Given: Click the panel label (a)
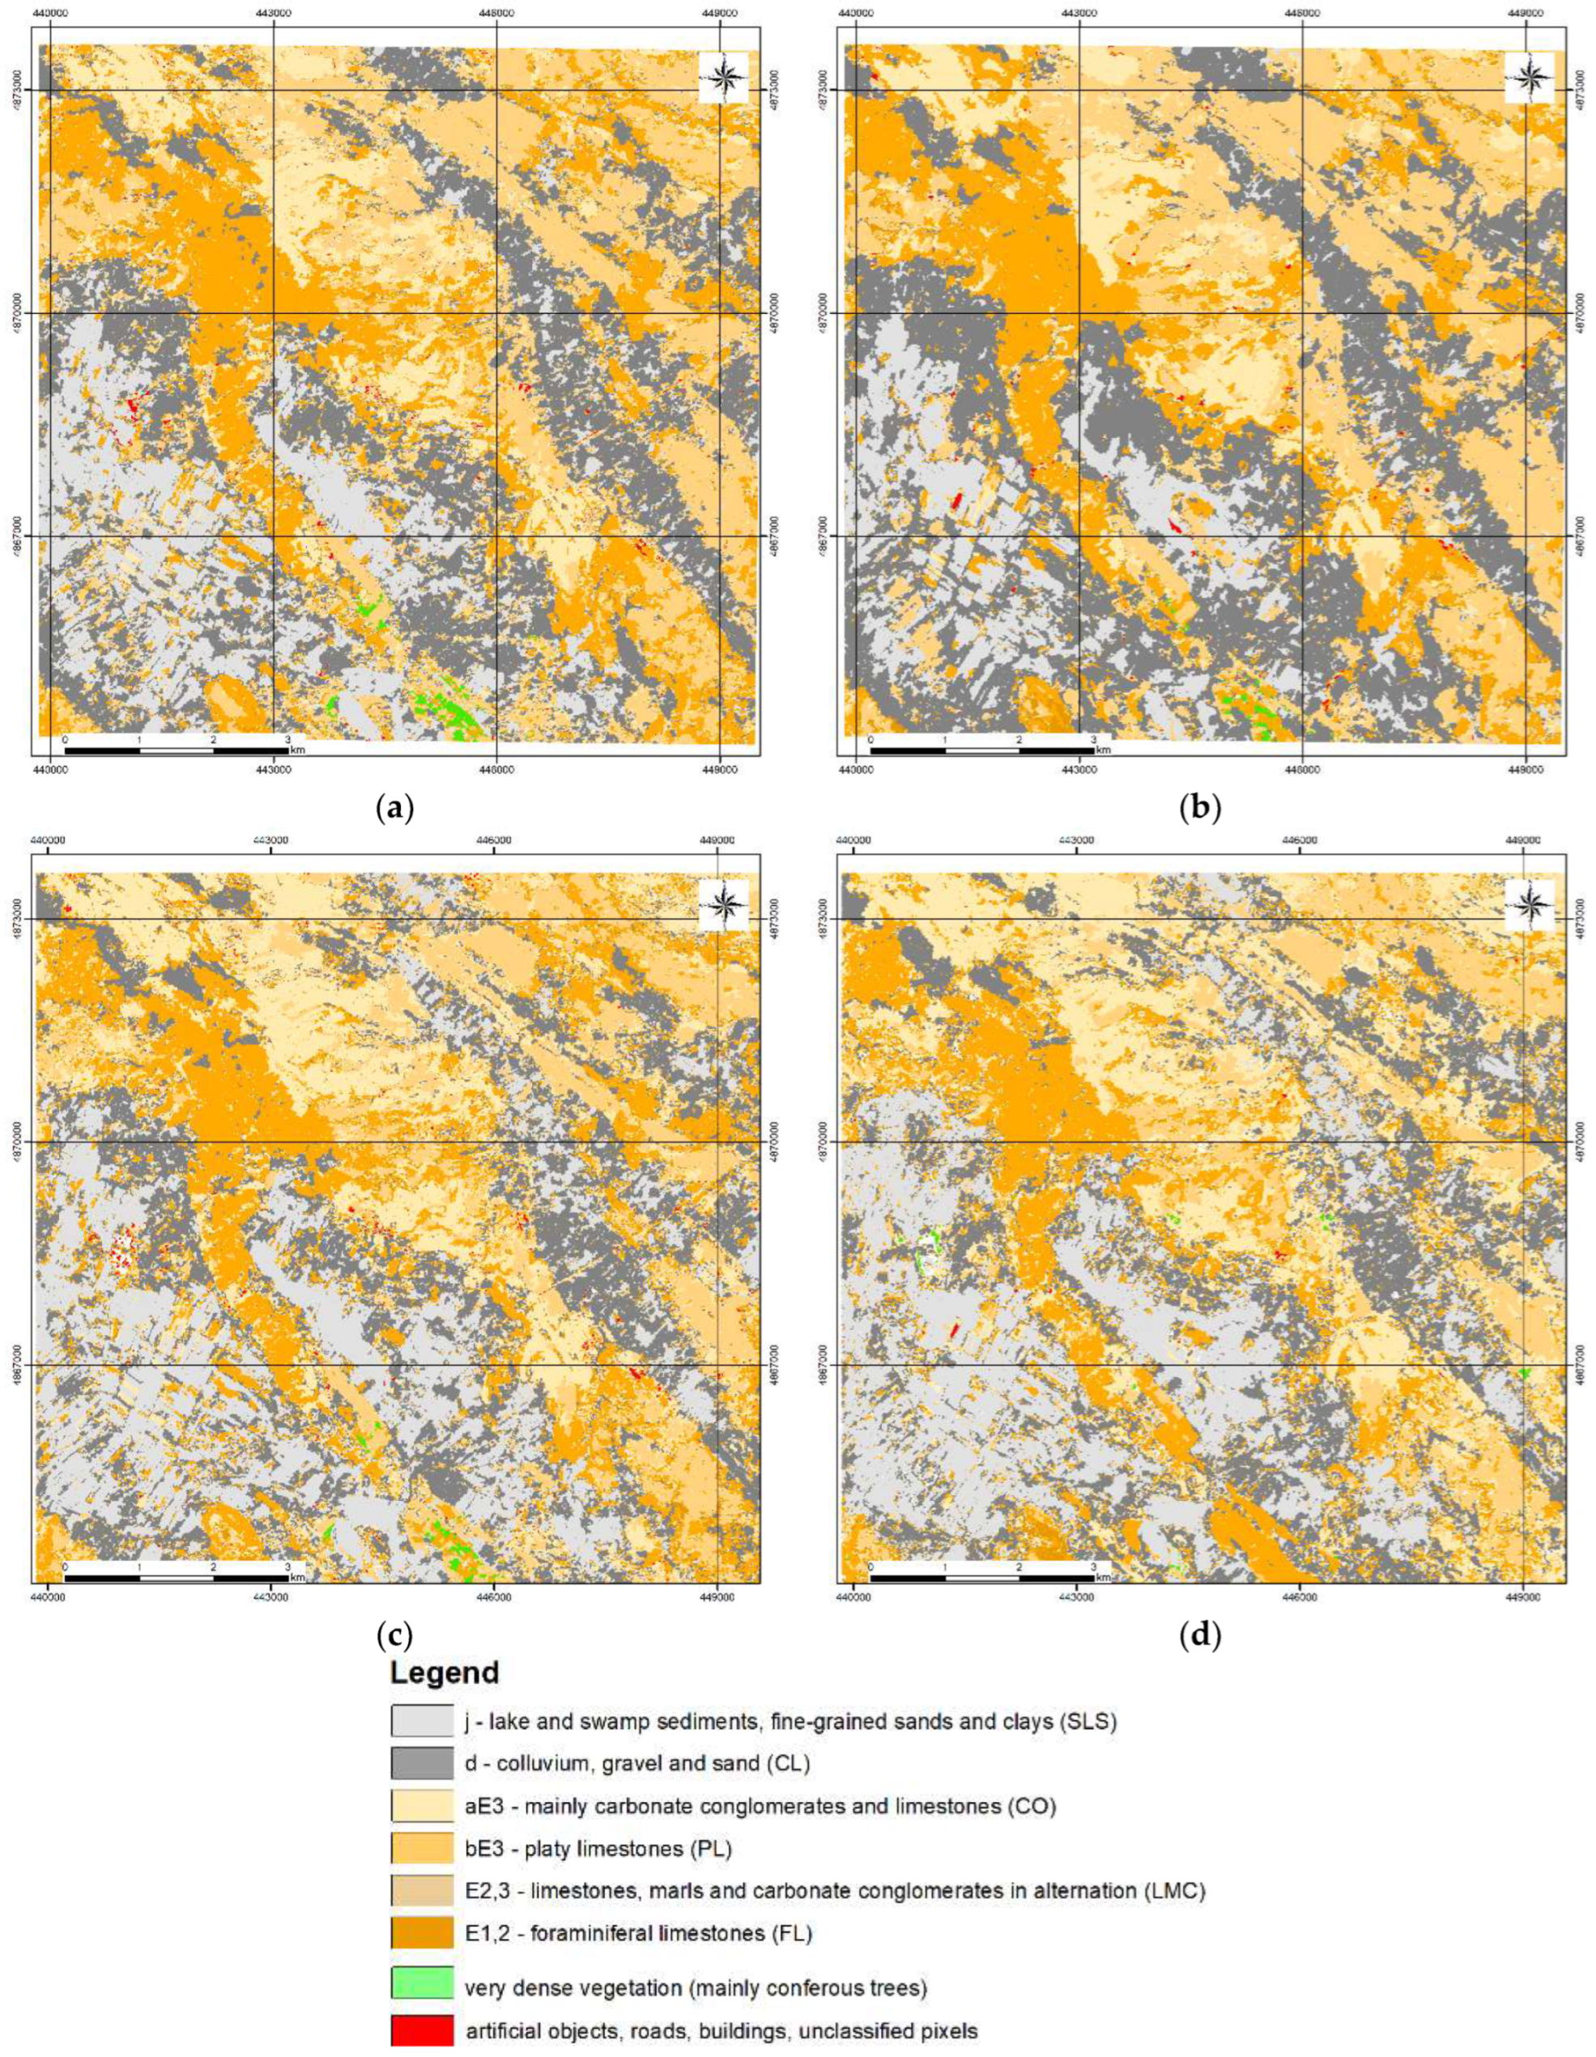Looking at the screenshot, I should pyautogui.click(x=394, y=808).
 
